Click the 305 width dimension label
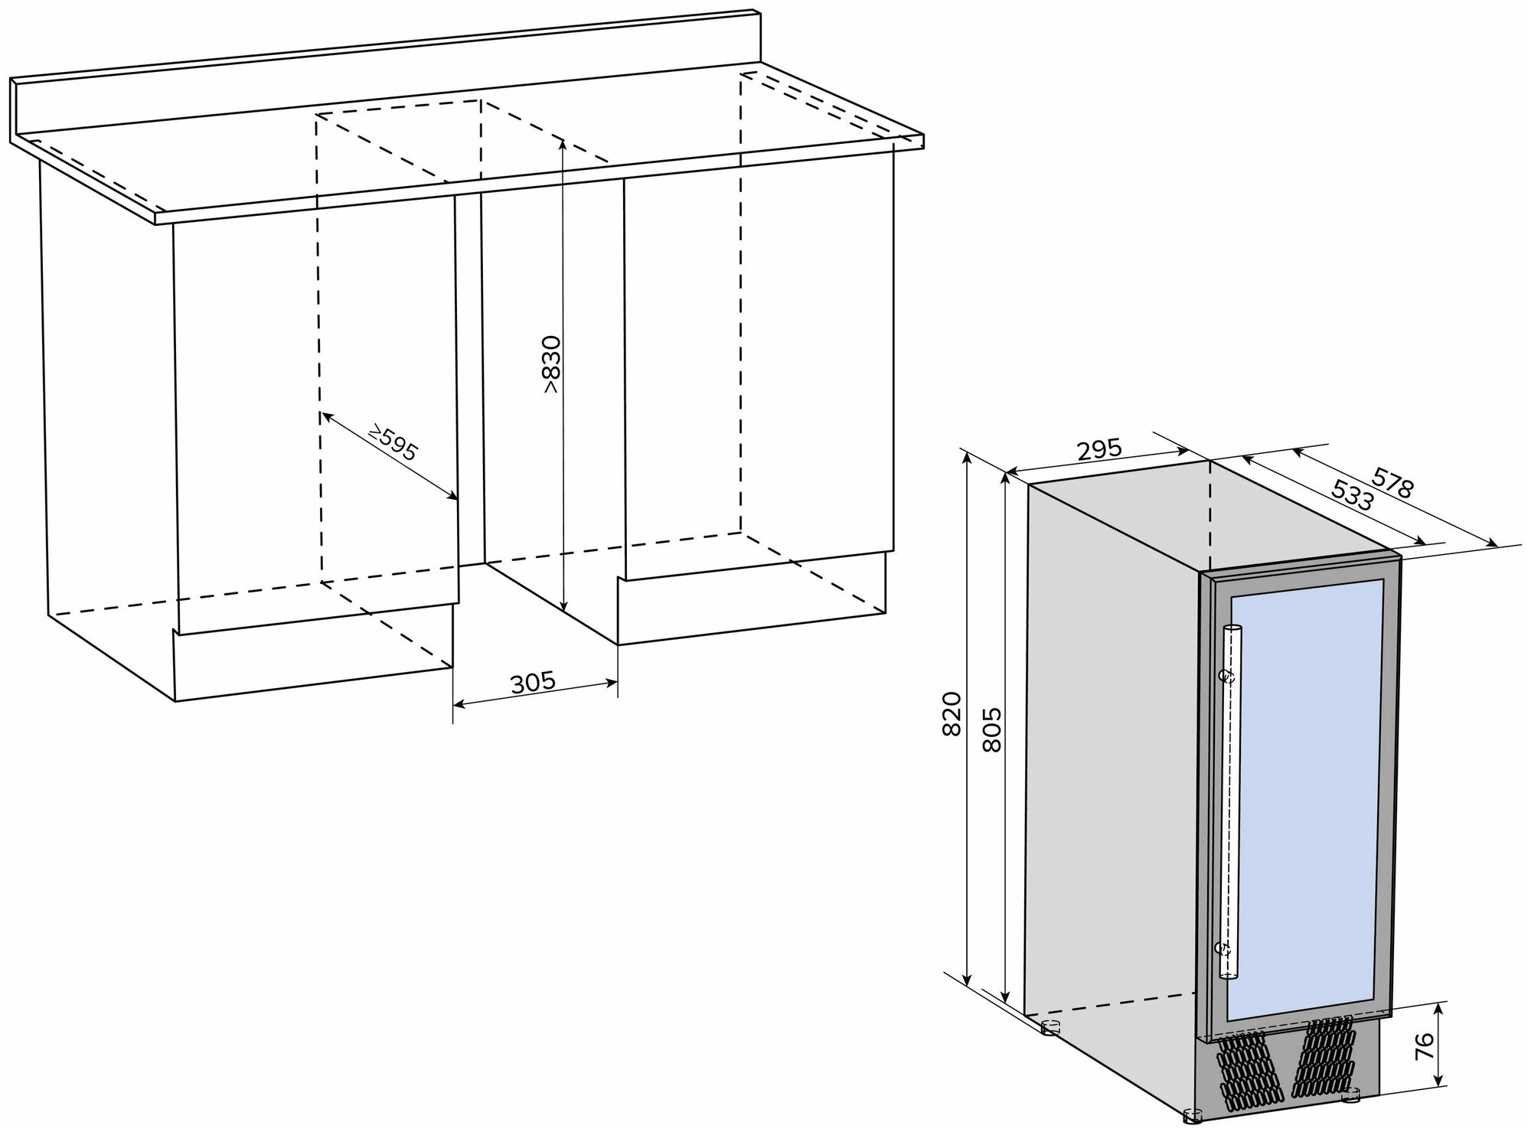533,682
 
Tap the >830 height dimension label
552,364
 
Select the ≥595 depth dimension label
392,443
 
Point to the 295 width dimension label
1099,450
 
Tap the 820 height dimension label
950,713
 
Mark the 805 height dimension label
991,729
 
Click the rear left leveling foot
1050,1027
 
